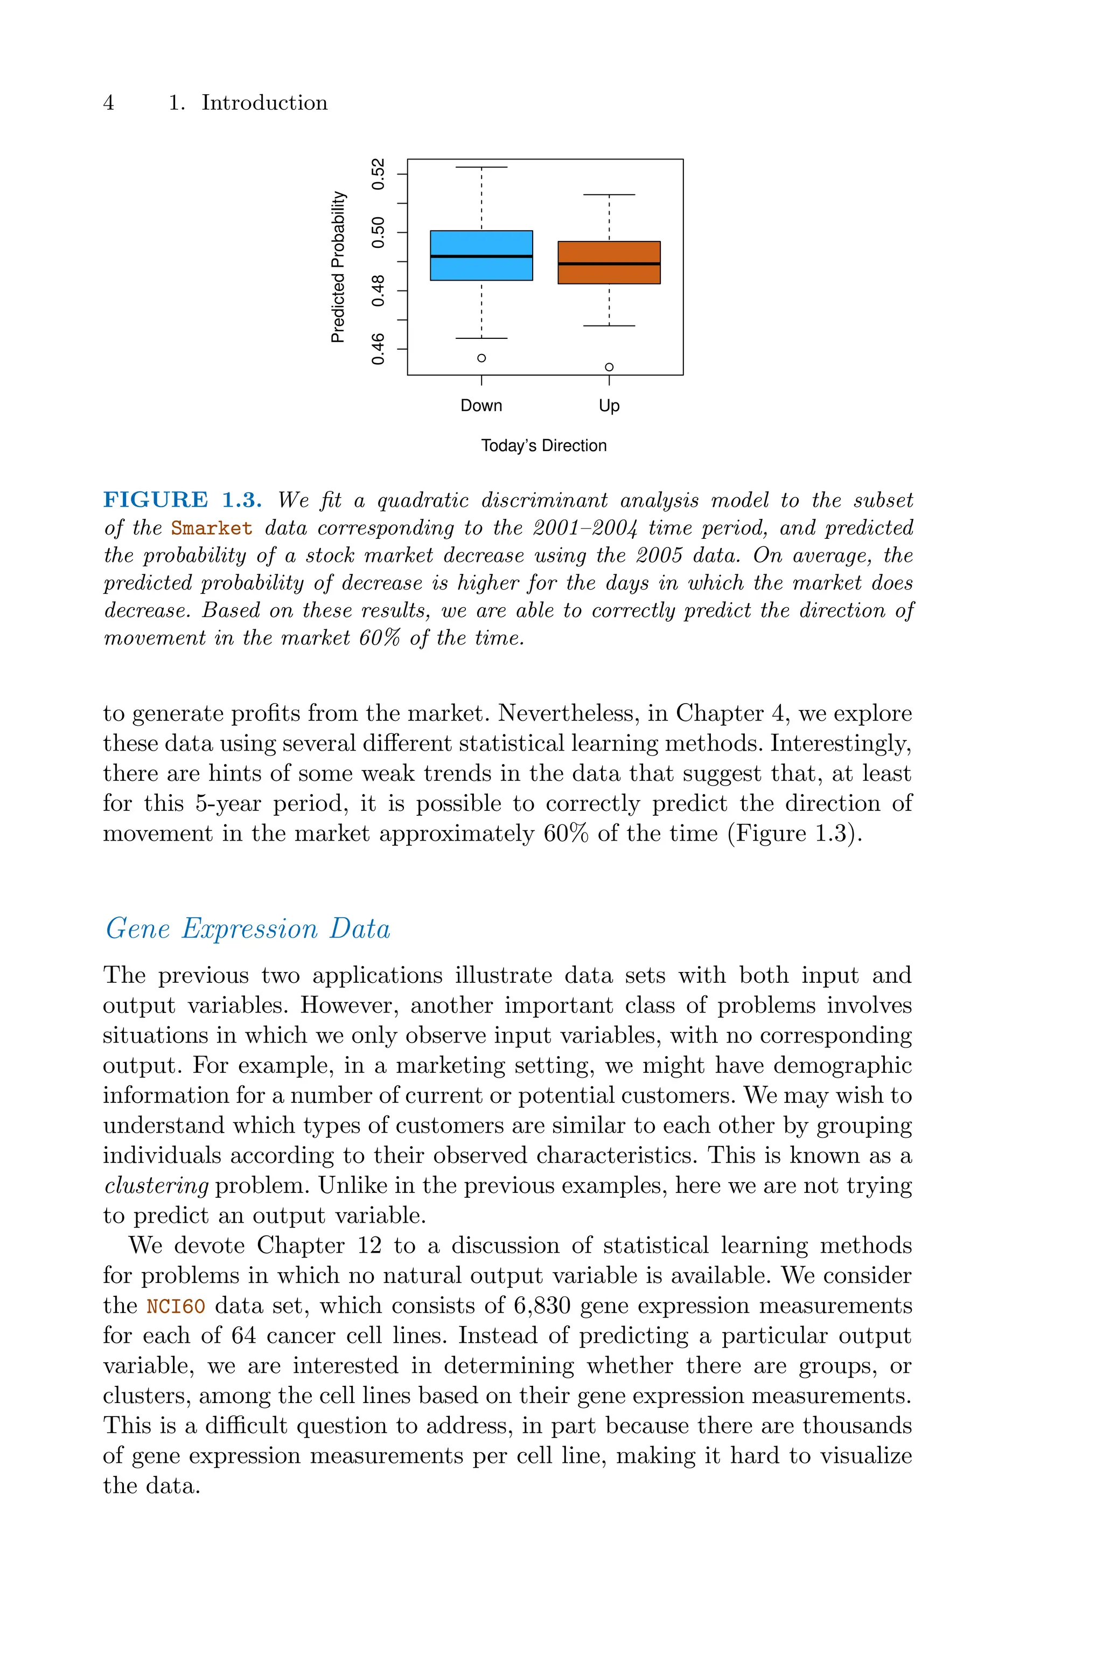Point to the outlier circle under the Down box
481,358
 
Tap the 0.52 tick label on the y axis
379,174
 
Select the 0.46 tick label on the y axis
379,349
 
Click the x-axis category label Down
481,406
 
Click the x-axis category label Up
609,406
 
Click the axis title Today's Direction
544,446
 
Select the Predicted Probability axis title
338,267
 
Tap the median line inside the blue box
481,256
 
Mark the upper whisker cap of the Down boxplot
481,168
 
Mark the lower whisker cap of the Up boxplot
609,326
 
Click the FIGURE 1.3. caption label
182,500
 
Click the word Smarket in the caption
211,529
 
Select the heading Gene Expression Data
248,929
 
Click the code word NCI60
176,1307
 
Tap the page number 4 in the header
108,103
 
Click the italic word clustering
156,1186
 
